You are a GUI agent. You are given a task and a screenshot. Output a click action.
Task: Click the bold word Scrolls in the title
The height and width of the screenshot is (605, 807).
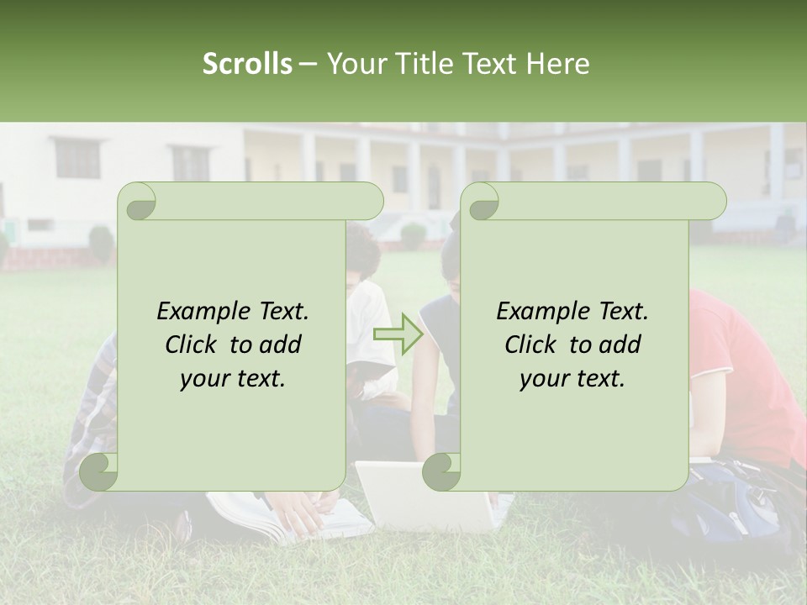coord(248,64)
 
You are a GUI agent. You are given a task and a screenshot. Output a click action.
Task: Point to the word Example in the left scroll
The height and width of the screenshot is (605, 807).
coord(201,311)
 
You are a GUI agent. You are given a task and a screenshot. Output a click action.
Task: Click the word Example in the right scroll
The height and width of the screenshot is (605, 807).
coord(541,311)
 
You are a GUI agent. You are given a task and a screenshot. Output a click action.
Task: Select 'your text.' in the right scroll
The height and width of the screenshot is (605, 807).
coord(572,378)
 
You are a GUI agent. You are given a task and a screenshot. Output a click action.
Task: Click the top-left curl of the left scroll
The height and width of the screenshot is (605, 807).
coord(136,202)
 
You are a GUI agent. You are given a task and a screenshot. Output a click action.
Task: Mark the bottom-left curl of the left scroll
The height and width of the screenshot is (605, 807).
coord(99,472)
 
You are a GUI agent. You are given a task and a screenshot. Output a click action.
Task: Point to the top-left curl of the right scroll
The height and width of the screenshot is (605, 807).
coord(480,202)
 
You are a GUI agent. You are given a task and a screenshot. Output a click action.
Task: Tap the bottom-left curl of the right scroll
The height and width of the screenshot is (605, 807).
coord(441,472)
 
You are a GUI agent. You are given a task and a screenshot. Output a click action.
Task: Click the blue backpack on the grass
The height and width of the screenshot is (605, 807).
coord(740,504)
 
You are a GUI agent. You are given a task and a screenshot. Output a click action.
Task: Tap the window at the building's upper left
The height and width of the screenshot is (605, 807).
coord(77,158)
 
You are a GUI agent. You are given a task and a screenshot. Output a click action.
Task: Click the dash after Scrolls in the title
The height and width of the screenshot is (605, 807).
coord(308,65)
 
